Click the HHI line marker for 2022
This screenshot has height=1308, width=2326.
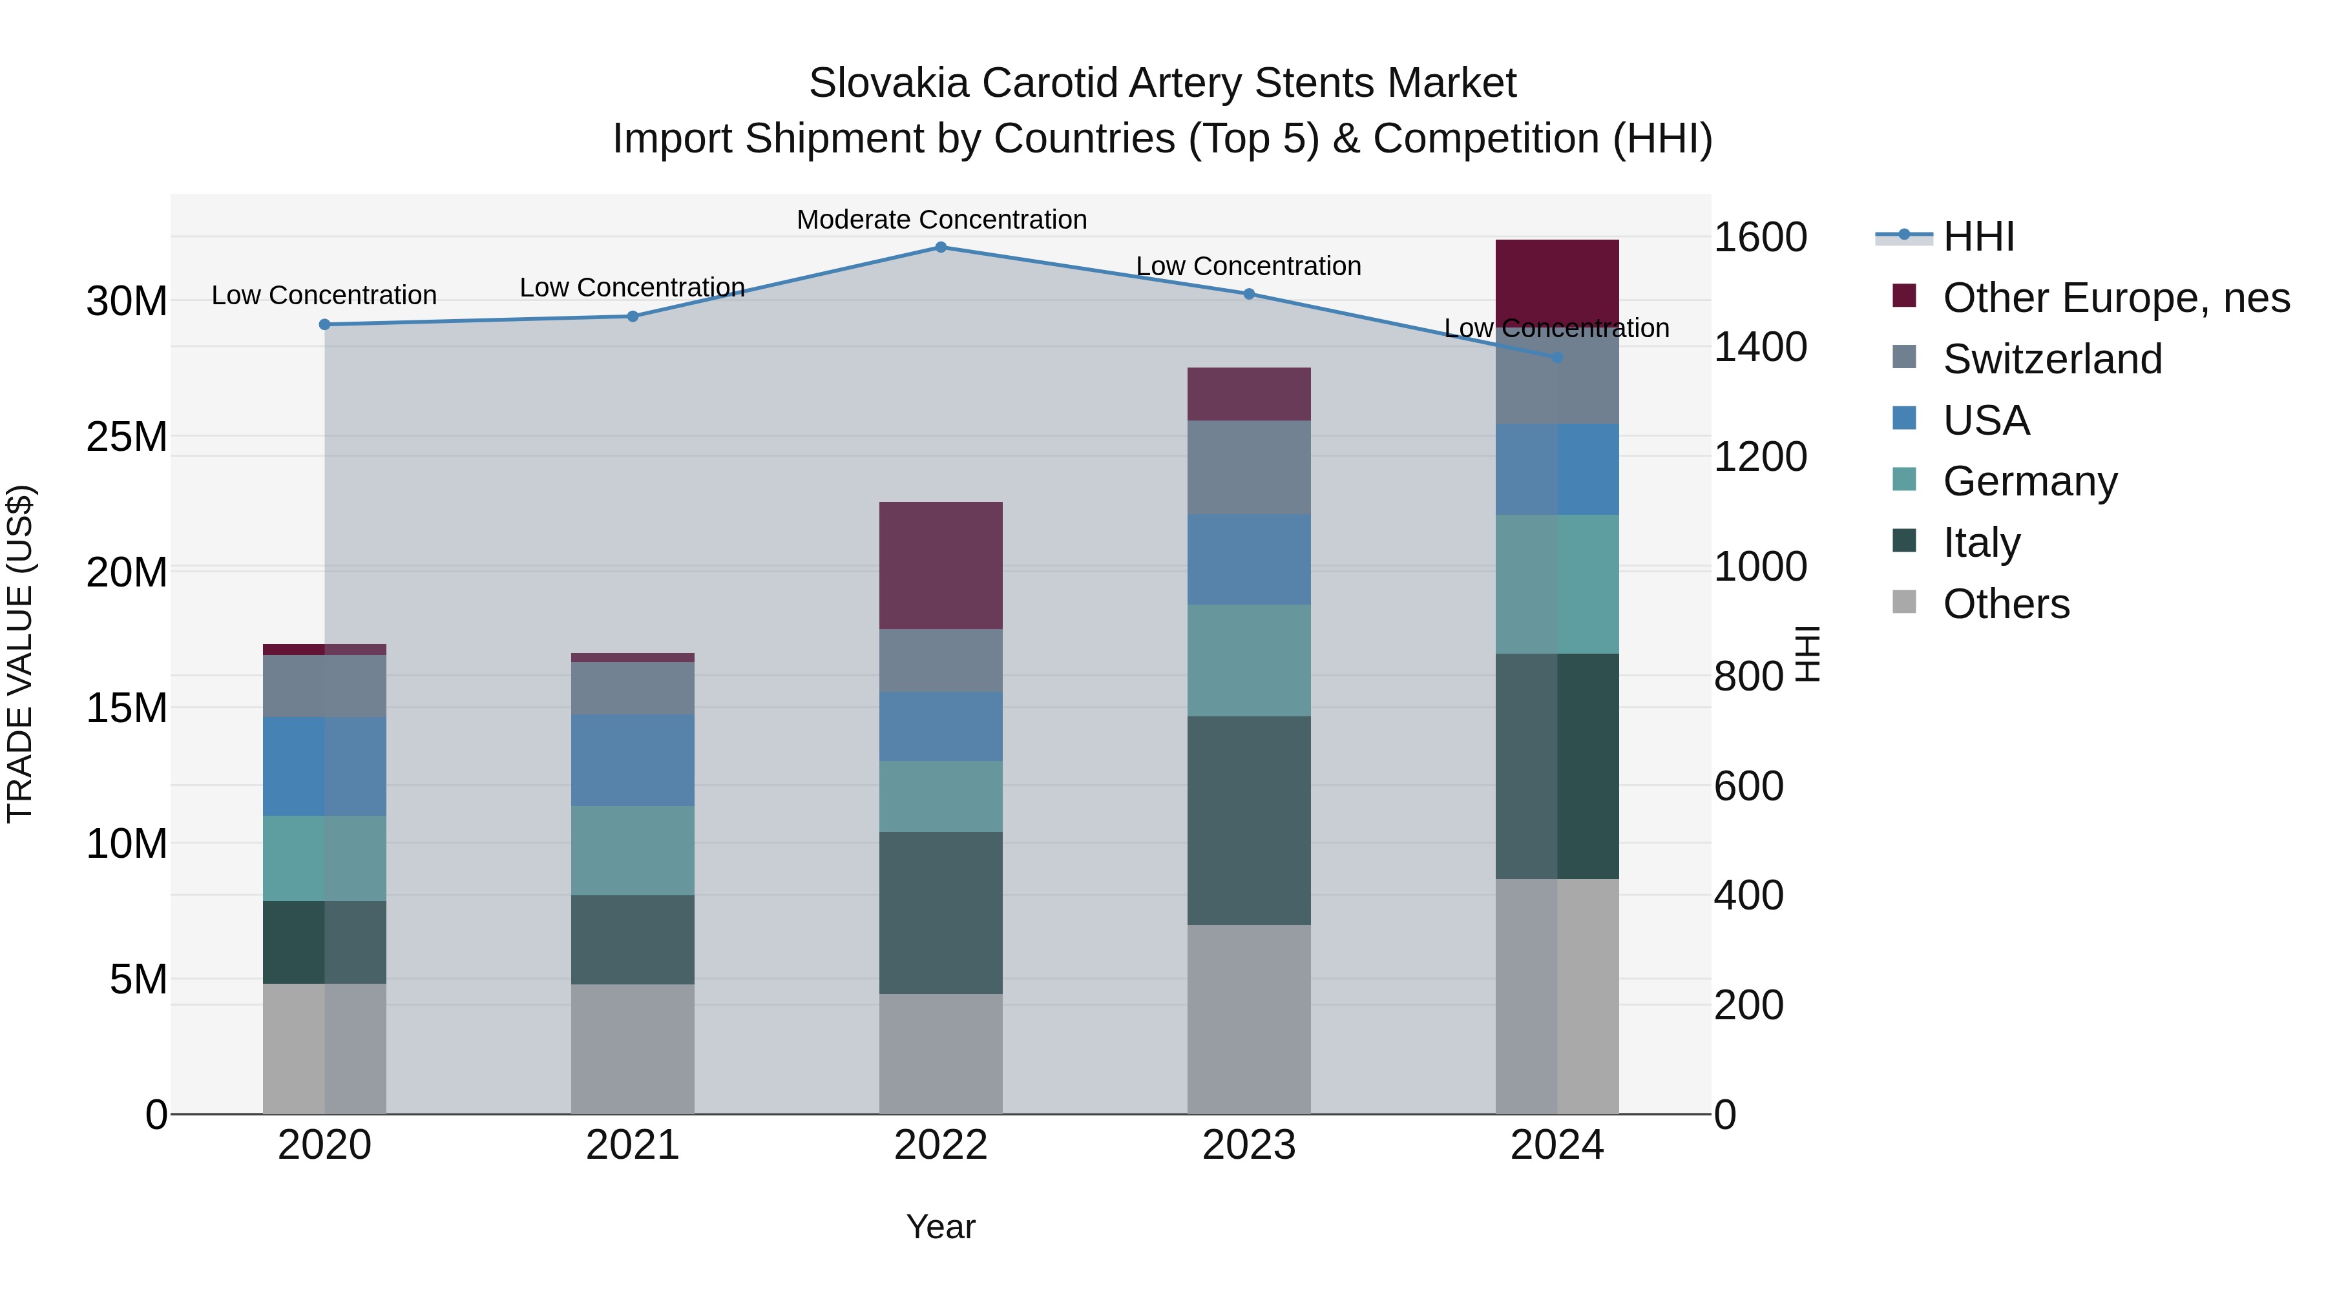[940, 247]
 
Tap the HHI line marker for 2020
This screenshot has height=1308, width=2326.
[324, 325]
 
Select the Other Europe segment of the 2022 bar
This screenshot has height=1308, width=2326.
[940, 565]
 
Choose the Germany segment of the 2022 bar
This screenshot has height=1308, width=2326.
[940, 796]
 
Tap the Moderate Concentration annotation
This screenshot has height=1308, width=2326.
[941, 220]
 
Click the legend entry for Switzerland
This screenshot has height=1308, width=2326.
[2051, 359]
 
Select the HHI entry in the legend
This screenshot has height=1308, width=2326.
[1978, 236]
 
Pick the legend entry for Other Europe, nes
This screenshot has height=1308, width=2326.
[2115, 298]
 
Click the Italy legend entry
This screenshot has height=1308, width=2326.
[1981, 543]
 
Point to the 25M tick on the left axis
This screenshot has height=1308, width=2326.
[127, 437]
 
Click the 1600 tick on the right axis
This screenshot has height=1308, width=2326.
[1759, 238]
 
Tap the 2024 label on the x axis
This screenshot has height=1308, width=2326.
[1556, 1145]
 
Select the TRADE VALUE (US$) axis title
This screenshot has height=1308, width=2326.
[21, 654]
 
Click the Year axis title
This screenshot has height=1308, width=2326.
[940, 1227]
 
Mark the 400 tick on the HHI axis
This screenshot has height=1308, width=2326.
[1748, 895]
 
